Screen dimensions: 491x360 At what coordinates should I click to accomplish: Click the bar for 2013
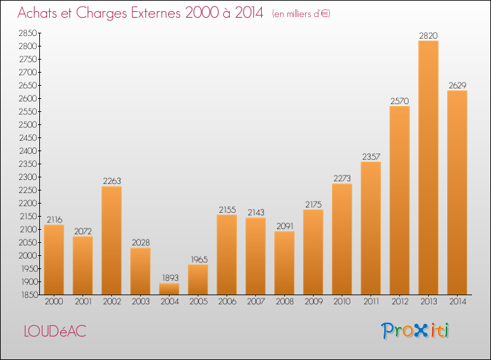[x=428, y=168]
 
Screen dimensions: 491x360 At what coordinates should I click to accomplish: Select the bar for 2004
[x=169, y=289]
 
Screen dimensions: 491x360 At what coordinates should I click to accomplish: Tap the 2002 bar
[x=111, y=240]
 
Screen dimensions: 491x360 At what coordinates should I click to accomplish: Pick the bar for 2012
[x=399, y=200]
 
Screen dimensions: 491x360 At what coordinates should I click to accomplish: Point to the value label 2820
[x=428, y=36]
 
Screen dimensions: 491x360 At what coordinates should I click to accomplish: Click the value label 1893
[x=170, y=278]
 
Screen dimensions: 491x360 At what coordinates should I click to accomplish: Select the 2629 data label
[x=457, y=86]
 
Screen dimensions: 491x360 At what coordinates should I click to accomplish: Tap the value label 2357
[x=371, y=156]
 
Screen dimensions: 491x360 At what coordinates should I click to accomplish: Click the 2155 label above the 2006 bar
[x=227, y=209]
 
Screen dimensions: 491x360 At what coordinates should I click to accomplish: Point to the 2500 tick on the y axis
[x=27, y=124]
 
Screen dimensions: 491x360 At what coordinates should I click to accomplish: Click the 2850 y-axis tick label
[x=27, y=33]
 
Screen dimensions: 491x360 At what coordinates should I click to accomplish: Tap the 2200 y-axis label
[x=27, y=203]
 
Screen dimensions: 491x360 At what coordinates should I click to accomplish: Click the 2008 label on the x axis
[x=285, y=302]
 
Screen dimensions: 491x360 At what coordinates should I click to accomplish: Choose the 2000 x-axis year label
[x=54, y=302]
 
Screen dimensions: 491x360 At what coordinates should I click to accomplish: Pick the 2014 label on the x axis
[x=458, y=302]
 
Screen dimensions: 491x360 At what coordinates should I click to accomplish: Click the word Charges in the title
[x=101, y=14]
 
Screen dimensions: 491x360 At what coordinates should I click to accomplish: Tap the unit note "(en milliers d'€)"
[x=301, y=14]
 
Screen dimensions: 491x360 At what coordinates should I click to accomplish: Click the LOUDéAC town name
[x=55, y=331]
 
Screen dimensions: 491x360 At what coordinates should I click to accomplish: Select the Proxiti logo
[x=414, y=331]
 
